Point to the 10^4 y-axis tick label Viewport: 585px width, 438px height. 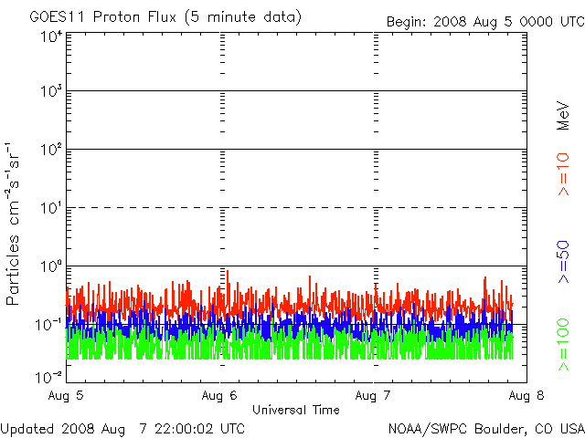click(x=51, y=36)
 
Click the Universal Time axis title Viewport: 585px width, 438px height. click(x=296, y=411)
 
